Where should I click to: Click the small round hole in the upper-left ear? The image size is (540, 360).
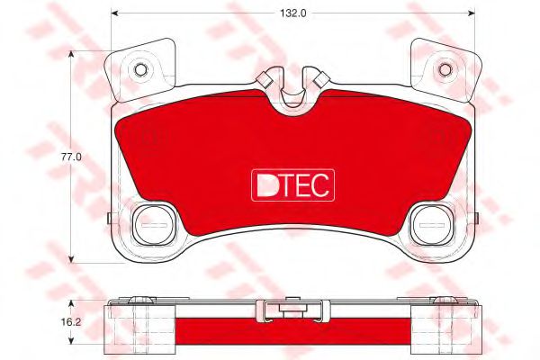click(x=140, y=68)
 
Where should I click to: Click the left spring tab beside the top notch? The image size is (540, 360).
click(x=266, y=79)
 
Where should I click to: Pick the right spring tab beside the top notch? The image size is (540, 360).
click(x=317, y=79)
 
